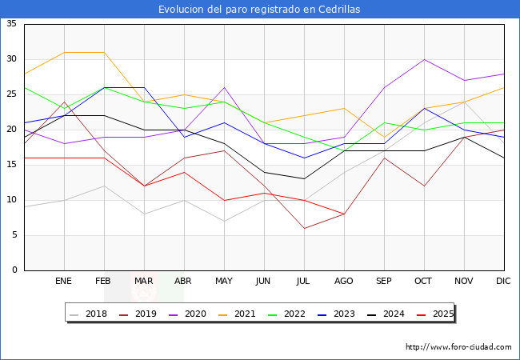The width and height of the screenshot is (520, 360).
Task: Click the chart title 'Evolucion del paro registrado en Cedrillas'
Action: tap(259, 10)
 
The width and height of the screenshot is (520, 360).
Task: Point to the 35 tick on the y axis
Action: tap(11, 24)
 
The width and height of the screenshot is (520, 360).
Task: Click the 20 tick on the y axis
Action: tap(11, 130)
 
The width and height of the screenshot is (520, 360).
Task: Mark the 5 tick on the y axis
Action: tap(14, 235)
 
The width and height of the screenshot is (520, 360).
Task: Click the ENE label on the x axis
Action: tap(63, 281)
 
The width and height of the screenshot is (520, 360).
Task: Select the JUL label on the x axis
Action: tap(303, 281)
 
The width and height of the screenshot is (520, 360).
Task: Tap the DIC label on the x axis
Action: tap(503, 281)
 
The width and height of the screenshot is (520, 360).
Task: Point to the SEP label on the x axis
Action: tap(383, 281)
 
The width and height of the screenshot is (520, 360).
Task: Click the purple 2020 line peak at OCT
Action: tap(424, 59)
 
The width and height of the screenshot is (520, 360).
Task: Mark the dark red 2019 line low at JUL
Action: tap(304, 228)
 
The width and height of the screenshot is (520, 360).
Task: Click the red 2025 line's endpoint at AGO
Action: tap(344, 214)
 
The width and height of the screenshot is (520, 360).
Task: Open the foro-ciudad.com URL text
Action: tap(458, 347)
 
